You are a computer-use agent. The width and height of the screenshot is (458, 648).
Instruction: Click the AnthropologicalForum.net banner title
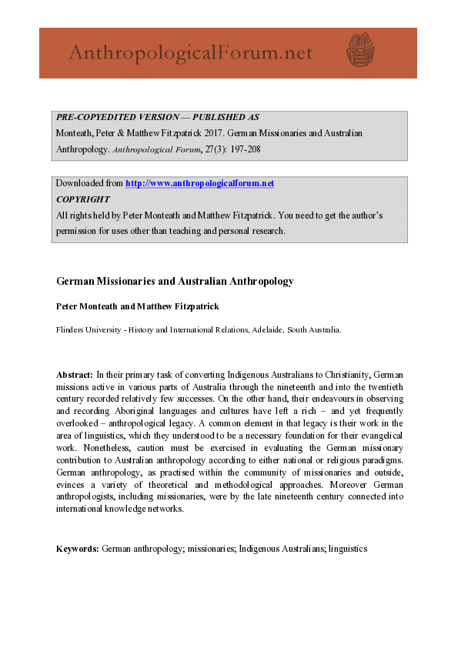coord(190,52)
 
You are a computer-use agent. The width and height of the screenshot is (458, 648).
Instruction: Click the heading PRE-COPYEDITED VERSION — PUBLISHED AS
coord(158,118)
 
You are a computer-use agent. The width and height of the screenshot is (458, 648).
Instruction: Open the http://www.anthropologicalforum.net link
coord(199,183)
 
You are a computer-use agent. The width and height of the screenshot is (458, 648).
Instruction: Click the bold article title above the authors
coord(175,282)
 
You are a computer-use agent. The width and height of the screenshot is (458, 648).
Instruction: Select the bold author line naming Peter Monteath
coord(137,306)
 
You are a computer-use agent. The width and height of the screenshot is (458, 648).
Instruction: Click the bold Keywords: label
coord(78,549)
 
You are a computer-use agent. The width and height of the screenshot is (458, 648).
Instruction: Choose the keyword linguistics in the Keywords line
coord(347,549)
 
